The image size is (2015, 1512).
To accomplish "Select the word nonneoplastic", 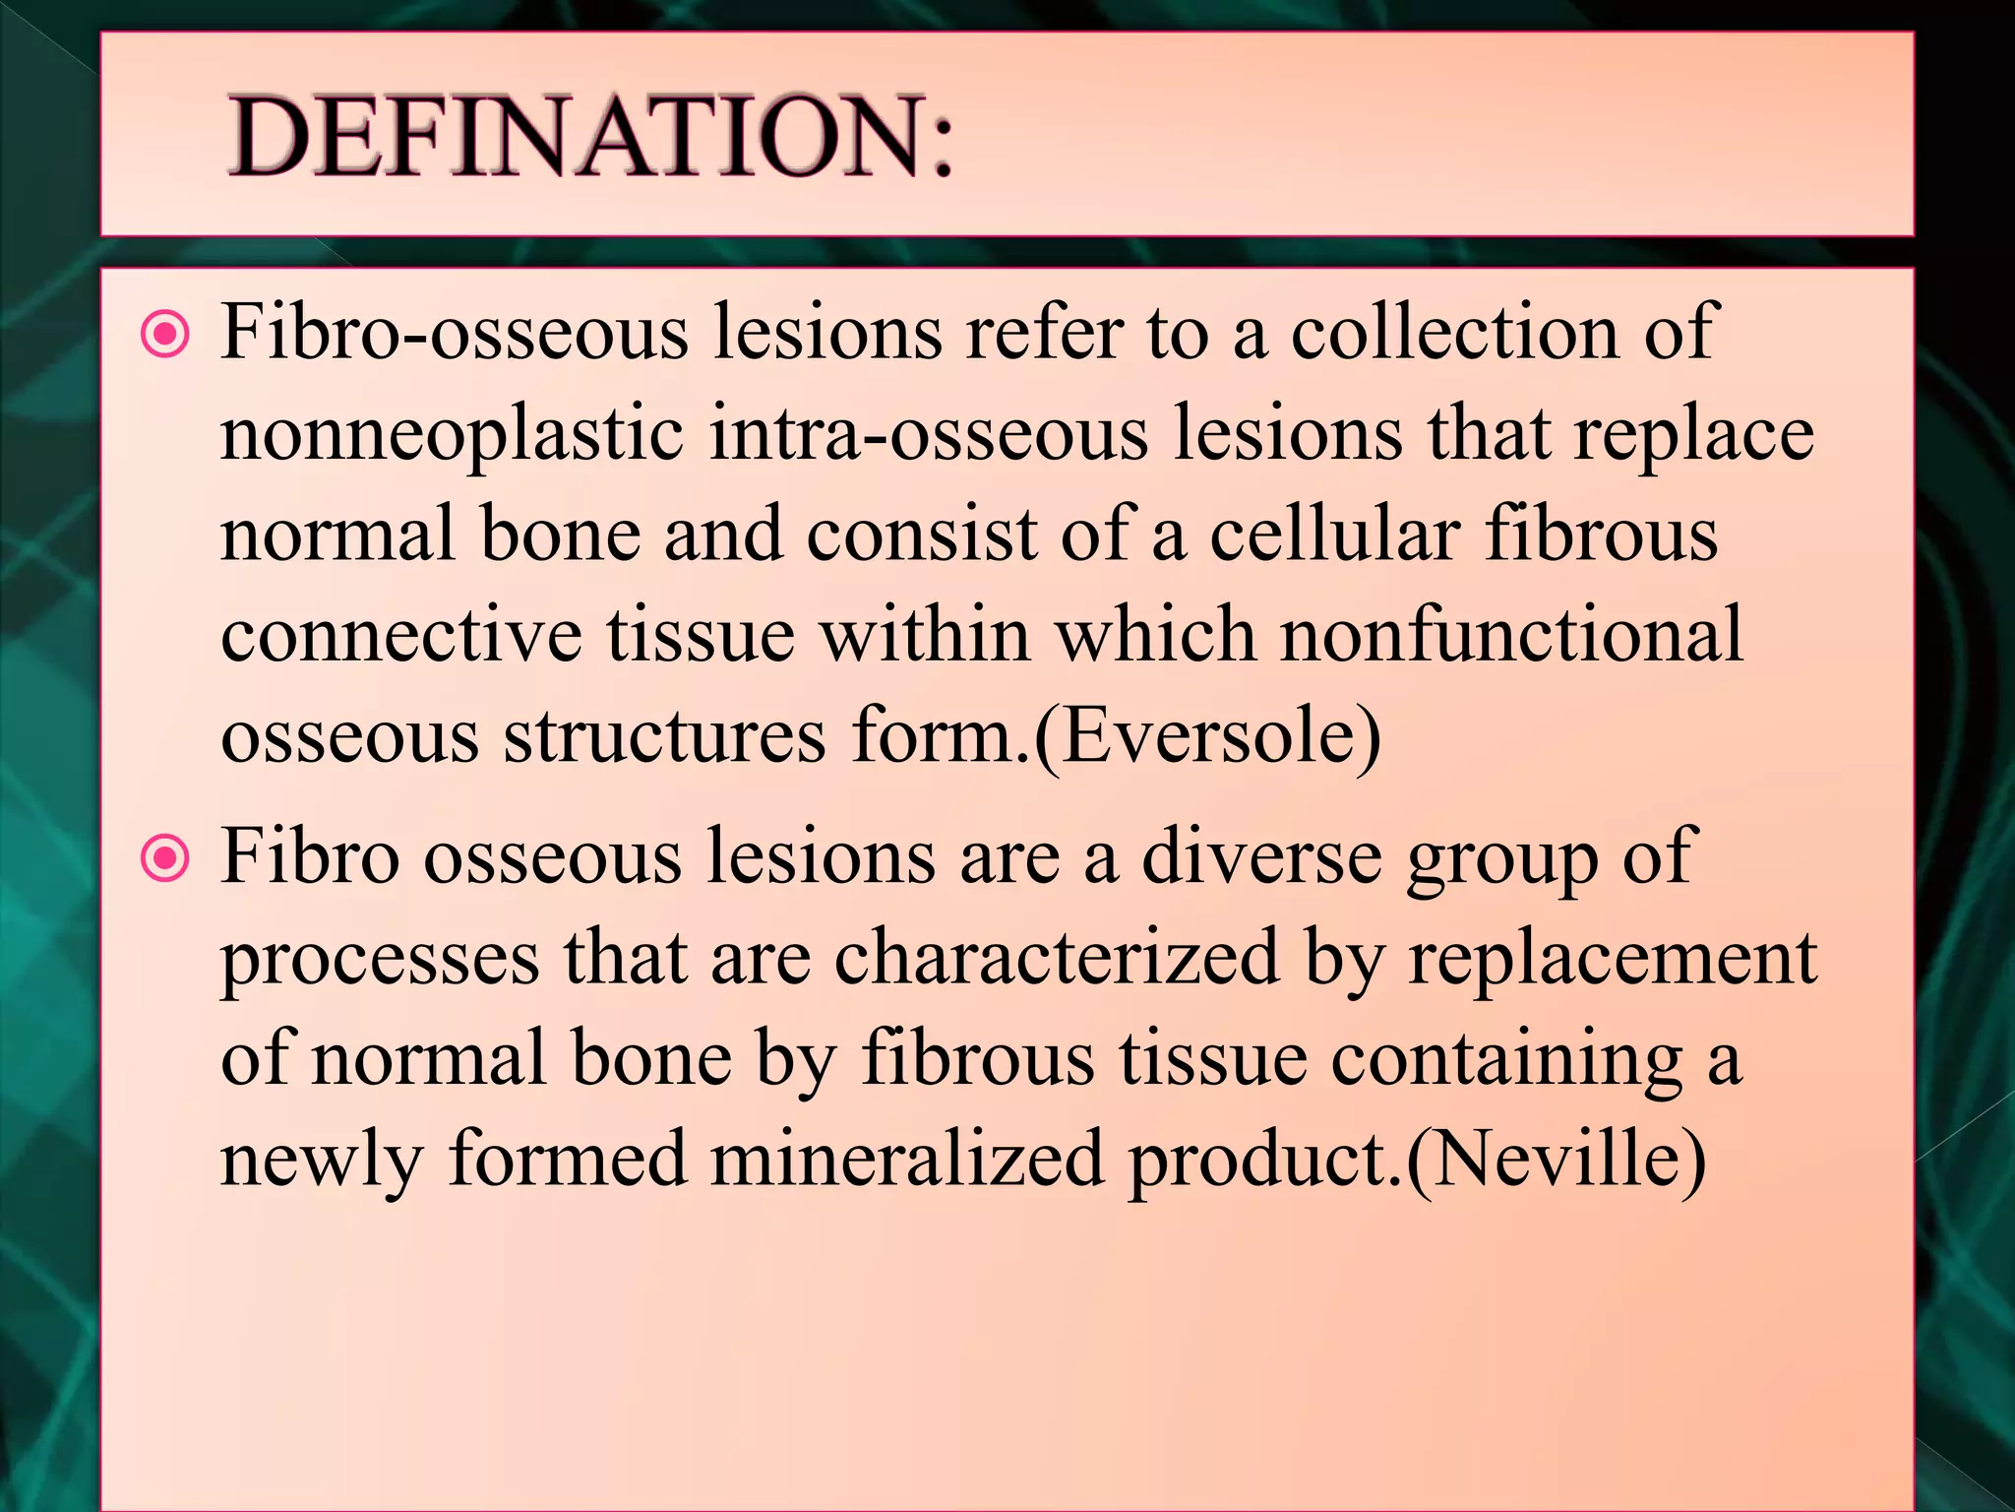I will (x=452, y=435).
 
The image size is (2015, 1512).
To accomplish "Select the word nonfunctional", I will (x=1511, y=636).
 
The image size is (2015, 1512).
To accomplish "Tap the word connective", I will (x=401, y=636).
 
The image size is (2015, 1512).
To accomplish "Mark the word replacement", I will (x=1613, y=960).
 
